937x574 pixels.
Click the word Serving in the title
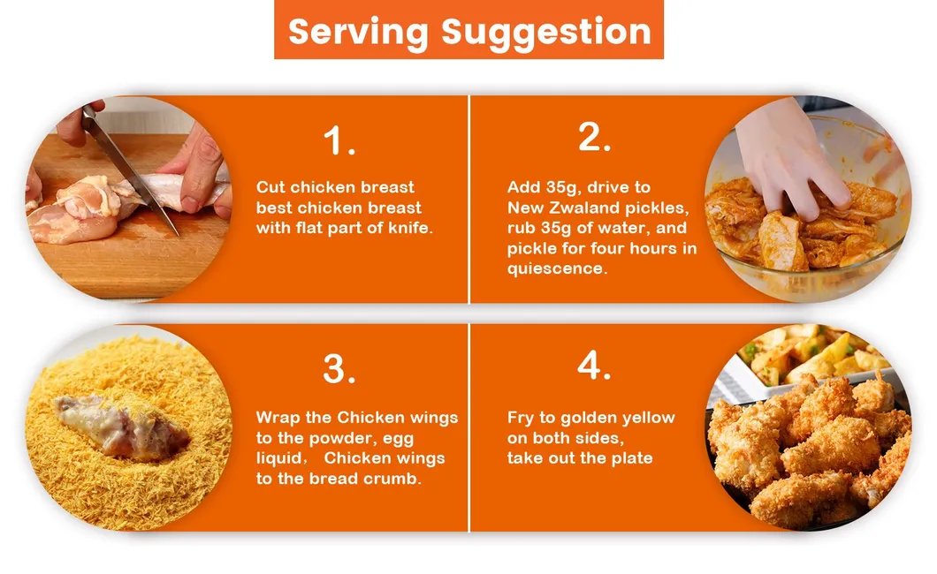(358, 32)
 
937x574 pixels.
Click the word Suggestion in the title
(545, 32)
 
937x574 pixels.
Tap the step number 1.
(339, 141)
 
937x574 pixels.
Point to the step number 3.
(339, 369)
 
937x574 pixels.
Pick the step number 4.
(594, 365)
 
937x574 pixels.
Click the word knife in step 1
(410, 228)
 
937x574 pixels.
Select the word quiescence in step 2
(557, 268)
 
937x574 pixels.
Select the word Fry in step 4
(521, 418)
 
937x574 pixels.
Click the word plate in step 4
(632, 458)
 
